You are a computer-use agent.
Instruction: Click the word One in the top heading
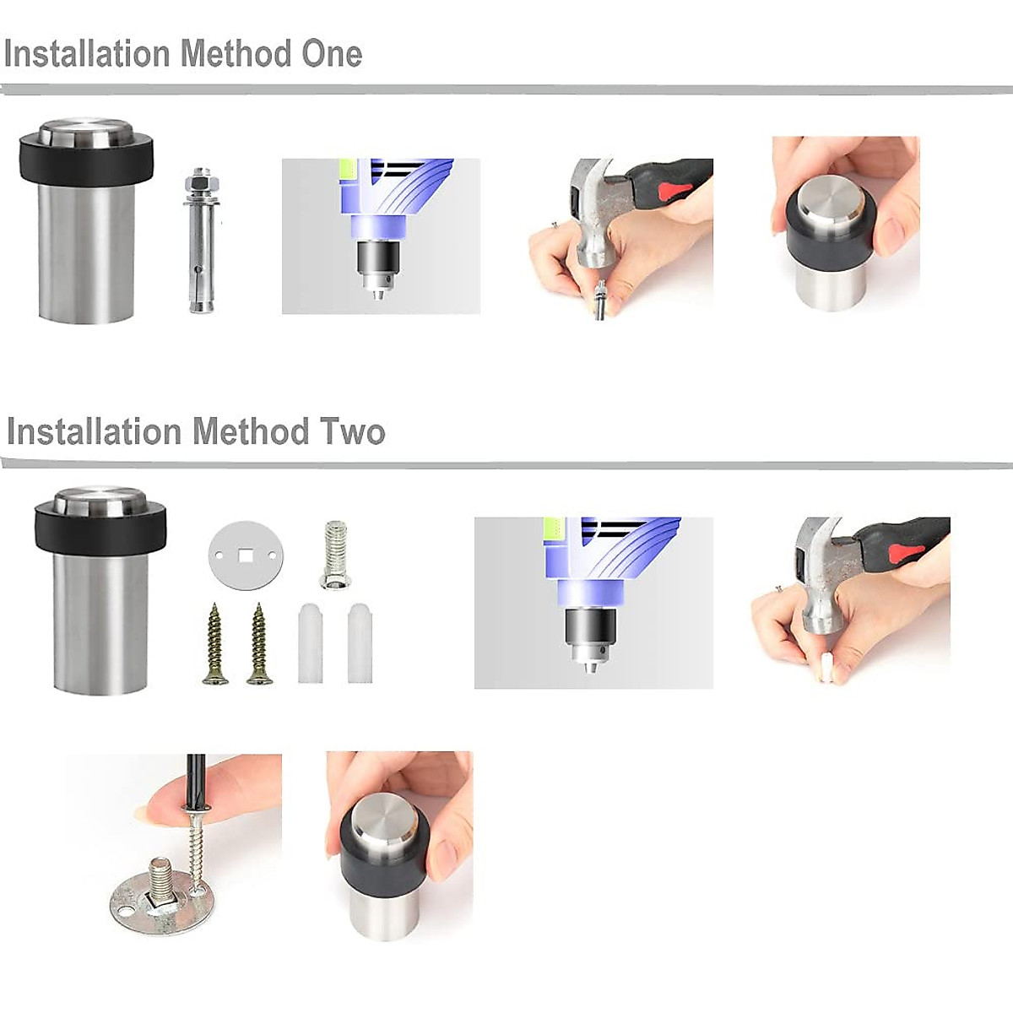[332, 54]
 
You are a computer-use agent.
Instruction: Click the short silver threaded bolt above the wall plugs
[333, 554]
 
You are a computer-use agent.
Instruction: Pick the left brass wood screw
[215, 643]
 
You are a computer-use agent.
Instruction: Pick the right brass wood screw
[259, 643]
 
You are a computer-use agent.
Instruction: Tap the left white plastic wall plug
[310, 643]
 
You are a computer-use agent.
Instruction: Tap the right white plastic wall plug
[360, 643]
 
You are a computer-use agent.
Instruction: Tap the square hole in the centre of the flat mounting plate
[245, 554]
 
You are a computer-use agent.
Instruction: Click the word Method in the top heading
[236, 54]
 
